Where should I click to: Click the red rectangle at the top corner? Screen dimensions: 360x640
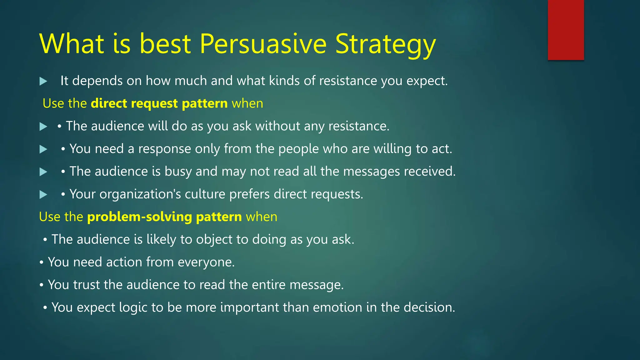pyautogui.click(x=566, y=30)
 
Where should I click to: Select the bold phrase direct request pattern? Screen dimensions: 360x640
pyautogui.click(x=159, y=103)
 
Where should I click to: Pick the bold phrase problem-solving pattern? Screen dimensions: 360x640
pyautogui.click(x=164, y=217)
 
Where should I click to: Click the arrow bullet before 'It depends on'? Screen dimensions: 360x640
pyautogui.click(x=43, y=82)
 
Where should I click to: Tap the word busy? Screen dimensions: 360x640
pyautogui.click(x=178, y=172)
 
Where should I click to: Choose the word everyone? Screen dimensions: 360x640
pyautogui.click(x=206, y=262)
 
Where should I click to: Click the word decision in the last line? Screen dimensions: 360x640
pyautogui.click(x=429, y=307)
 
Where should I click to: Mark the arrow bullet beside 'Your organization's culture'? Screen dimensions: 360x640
pyautogui.click(x=43, y=195)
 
